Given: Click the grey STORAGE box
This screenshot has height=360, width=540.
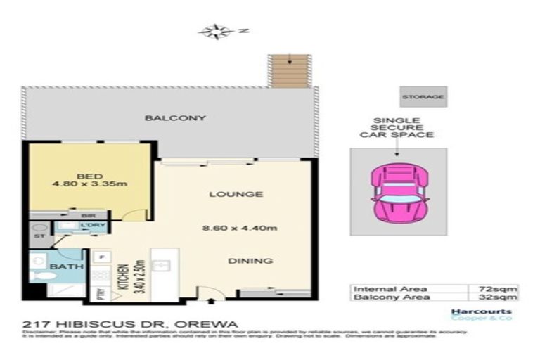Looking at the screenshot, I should point(423,96).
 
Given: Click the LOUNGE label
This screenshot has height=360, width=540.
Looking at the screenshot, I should point(225,194).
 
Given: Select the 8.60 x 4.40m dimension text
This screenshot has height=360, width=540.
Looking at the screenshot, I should point(229,227).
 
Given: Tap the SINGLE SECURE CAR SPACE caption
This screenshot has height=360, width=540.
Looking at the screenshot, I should point(397,127).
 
